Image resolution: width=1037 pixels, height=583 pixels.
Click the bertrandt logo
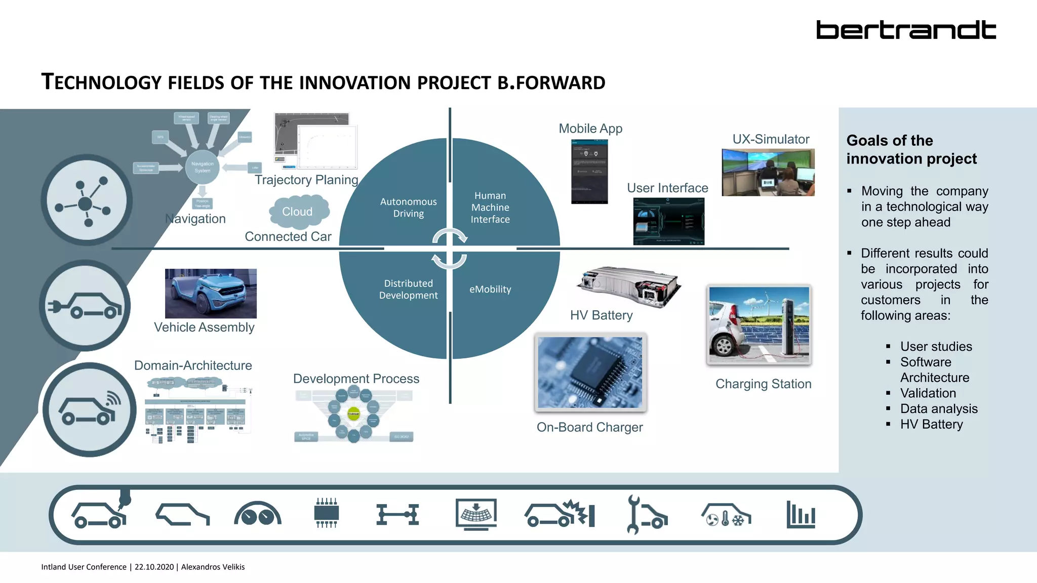click(906, 30)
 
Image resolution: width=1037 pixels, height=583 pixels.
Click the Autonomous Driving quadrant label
click(408, 207)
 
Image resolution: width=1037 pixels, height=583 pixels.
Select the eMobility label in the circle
click(490, 289)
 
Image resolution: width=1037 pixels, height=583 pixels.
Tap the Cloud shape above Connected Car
click(298, 212)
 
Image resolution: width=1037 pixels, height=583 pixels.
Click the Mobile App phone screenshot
click(589, 172)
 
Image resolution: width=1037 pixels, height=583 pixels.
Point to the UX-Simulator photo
click(768, 172)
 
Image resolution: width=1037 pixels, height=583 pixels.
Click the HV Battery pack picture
click(628, 286)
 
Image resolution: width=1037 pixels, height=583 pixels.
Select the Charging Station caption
click(763, 384)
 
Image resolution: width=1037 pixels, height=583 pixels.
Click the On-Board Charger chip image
click(590, 372)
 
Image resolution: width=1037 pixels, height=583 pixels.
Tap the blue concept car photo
click(211, 293)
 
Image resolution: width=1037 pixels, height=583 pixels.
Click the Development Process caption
click(356, 379)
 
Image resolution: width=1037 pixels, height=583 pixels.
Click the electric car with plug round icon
click(85, 306)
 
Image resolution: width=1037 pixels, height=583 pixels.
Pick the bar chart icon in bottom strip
click(801, 515)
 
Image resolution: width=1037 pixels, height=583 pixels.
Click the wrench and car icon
click(646, 515)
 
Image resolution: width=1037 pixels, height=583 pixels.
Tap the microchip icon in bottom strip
click(326, 513)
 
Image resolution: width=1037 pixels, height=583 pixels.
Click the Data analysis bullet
click(938, 408)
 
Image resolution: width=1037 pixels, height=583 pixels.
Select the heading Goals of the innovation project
click(911, 149)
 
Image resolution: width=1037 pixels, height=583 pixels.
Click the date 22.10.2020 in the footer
click(154, 567)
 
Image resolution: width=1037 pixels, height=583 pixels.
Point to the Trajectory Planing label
click(306, 180)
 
